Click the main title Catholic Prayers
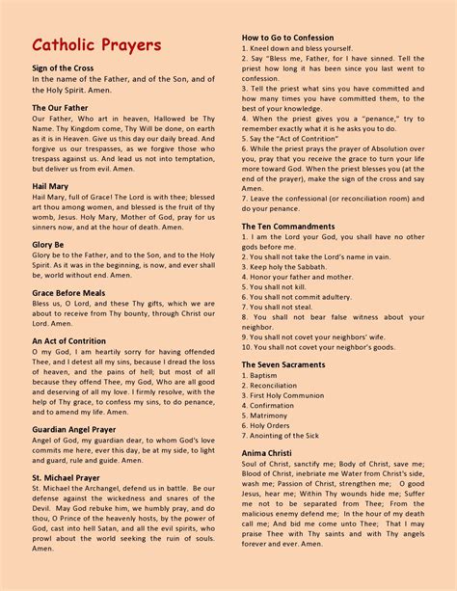[x=96, y=46]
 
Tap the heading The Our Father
[x=60, y=108]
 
